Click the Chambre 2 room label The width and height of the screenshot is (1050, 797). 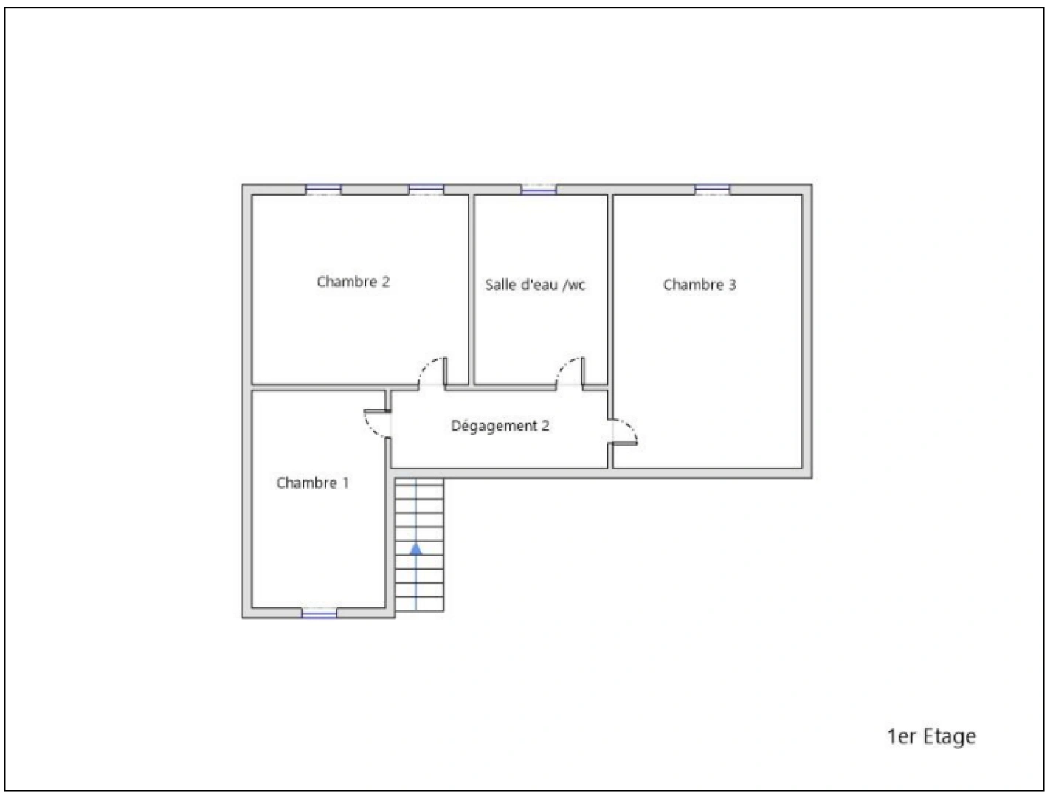coord(353,282)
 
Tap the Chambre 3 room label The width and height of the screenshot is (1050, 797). coord(700,285)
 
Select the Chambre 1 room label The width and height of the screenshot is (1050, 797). coord(312,483)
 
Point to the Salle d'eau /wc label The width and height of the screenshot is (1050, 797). coord(535,285)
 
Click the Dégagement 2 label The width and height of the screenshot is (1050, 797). coord(500,426)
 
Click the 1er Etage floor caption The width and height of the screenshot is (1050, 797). coord(931,736)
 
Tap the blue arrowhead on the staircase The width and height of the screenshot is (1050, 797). coord(416,548)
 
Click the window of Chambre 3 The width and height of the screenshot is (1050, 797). coord(712,190)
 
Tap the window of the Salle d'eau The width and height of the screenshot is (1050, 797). coord(539,190)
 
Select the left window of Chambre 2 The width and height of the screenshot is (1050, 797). coord(324,190)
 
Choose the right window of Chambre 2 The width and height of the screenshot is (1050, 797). coord(426,190)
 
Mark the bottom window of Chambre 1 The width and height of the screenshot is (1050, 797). coord(319,613)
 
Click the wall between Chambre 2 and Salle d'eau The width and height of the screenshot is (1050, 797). coord(471,288)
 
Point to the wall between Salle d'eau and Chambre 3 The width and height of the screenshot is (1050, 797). coord(610,288)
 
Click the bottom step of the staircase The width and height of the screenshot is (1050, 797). coord(419,604)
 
